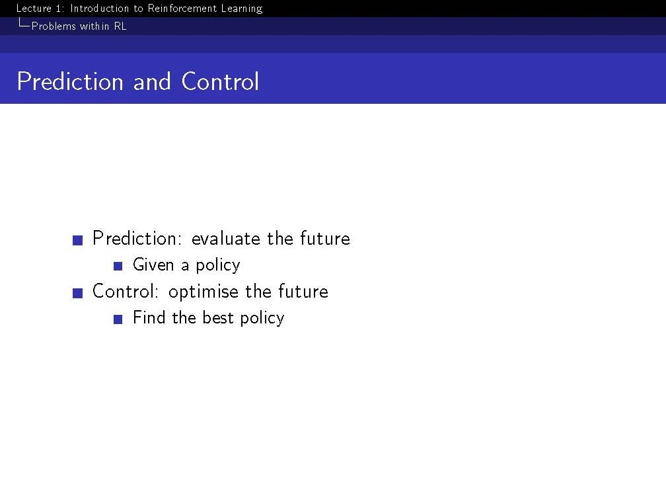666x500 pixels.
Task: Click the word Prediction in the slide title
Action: click(70, 81)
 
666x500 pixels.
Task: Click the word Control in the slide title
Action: click(220, 81)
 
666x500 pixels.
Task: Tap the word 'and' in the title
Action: click(152, 81)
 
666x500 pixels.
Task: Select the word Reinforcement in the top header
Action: click(182, 8)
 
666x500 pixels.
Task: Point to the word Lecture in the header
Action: click(34, 8)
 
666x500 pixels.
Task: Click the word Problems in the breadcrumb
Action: click(54, 26)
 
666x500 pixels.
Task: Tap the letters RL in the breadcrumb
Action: click(120, 26)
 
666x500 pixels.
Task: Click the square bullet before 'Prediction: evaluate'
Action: click(78, 240)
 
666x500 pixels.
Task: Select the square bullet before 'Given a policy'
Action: click(118, 267)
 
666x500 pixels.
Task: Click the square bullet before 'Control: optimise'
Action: click(78, 293)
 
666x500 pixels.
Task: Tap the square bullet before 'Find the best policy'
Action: click(118, 319)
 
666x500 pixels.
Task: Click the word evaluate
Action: click(226, 238)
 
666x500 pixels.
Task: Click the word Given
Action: click(153, 265)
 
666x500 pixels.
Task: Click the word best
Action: click(218, 317)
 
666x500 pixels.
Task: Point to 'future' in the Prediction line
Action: click(325, 238)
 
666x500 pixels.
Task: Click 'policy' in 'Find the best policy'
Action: click(262, 319)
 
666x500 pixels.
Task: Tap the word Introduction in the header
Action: click(99, 8)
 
